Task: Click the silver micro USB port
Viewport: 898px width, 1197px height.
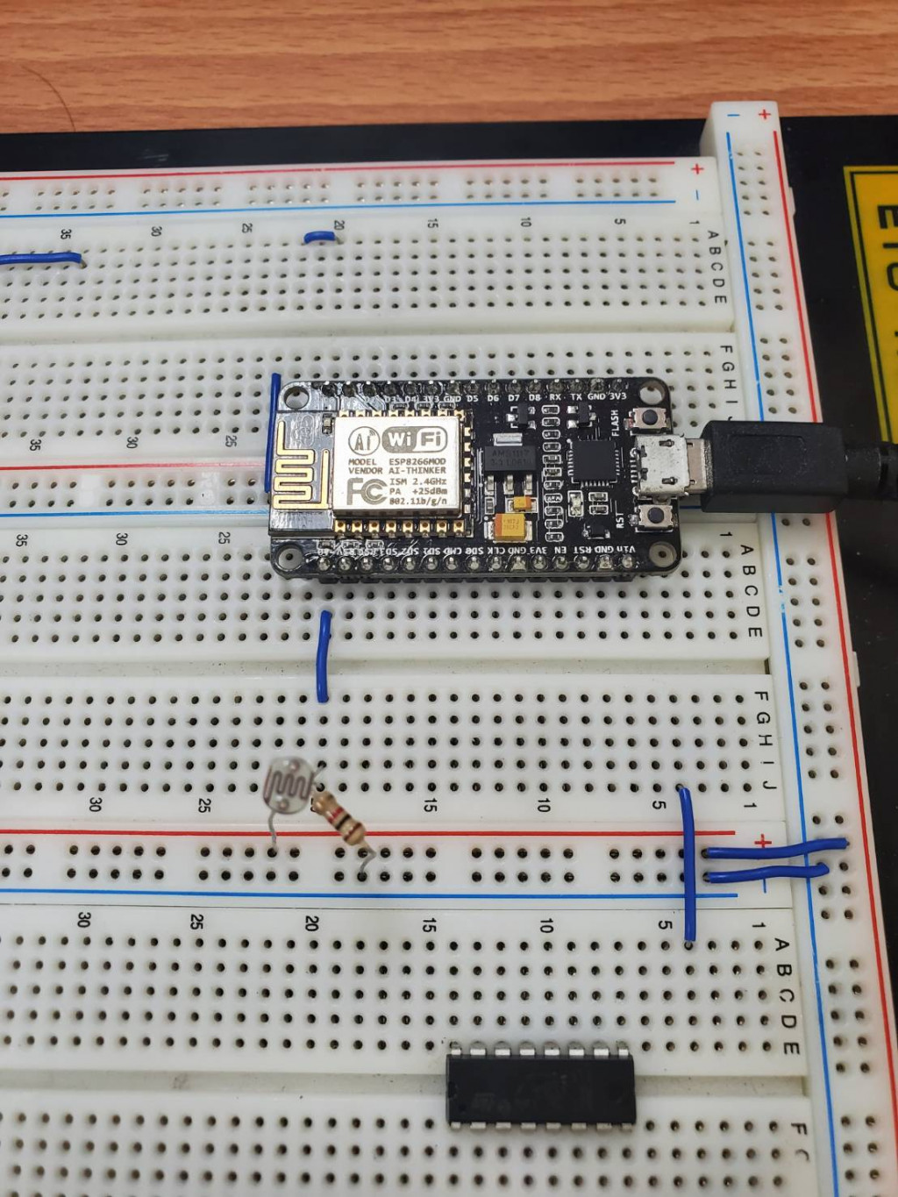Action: coord(668,465)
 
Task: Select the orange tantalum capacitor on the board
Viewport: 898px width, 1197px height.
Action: coord(510,527)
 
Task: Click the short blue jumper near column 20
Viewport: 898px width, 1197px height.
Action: coord(319,235)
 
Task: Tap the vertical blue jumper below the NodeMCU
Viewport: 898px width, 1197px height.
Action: coord(324,656)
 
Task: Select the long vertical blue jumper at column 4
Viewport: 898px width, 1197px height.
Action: coord(688,864)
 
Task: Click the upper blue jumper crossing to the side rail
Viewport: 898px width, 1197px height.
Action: coord(776,847)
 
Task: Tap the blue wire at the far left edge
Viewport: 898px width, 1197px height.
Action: coord(39,259)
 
